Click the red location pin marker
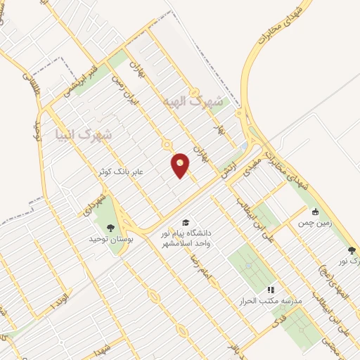point(181,165)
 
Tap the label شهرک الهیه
point(191,101)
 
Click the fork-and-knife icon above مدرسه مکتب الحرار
point(270,289)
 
